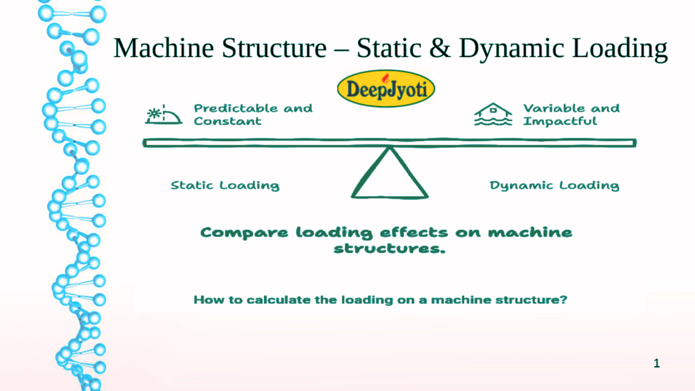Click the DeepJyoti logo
tap(386, 89)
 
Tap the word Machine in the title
tap(164, 48)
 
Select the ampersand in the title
tap(440, 48)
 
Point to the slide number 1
tap(657, 363)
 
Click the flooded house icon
tap(493, 114)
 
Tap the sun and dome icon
tap(164, 114)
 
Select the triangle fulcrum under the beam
tap(390, 173)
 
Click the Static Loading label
tap(225, 185)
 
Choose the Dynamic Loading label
tap(554, 185)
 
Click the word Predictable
tap(236, 108)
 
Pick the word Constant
tap(227, 121)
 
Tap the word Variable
tap(554, 108)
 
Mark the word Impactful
tap(560, 121)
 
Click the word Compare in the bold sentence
tap(244, 233)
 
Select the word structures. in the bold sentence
tap(389, 249)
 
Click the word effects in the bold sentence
tap(414, 232)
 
